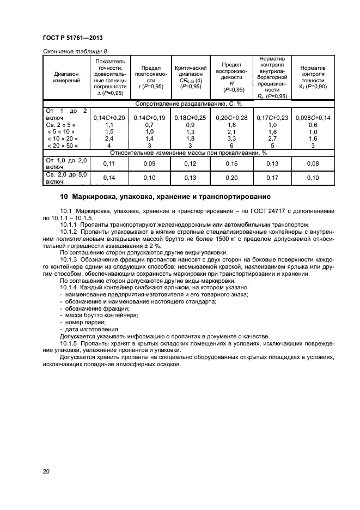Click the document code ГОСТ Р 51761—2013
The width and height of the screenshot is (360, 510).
tap(73, 38)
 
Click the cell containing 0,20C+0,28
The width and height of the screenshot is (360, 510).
tap(231, 118)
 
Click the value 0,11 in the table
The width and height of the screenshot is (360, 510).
tap(109, 163)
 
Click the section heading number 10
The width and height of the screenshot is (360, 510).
tap(63, 197)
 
